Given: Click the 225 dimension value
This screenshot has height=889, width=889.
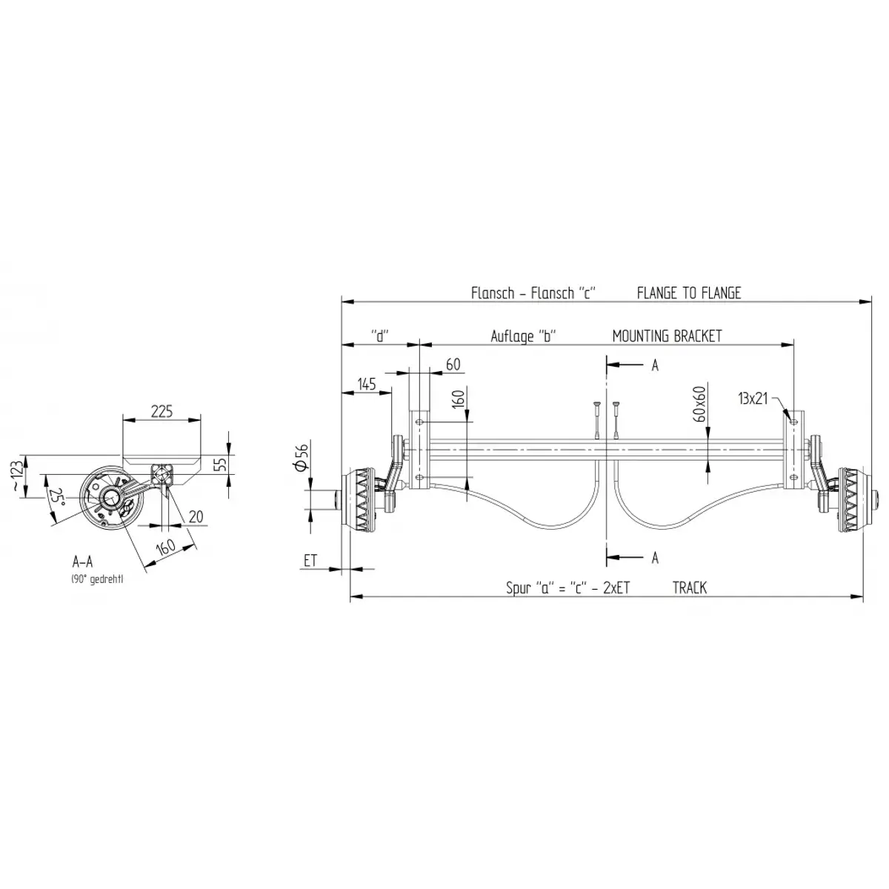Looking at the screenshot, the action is pos(162,411).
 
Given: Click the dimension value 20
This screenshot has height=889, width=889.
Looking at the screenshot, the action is pos(196,516).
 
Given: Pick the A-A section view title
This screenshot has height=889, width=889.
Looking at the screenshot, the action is pos(82,562).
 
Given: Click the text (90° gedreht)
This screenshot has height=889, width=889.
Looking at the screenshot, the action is pos(97,579).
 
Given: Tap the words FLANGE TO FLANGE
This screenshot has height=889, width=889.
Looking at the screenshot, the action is pos(688,293).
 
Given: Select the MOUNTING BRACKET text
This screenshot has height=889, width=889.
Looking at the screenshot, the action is pos(667,336).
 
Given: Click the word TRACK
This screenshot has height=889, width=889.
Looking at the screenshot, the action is pos(689,587).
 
